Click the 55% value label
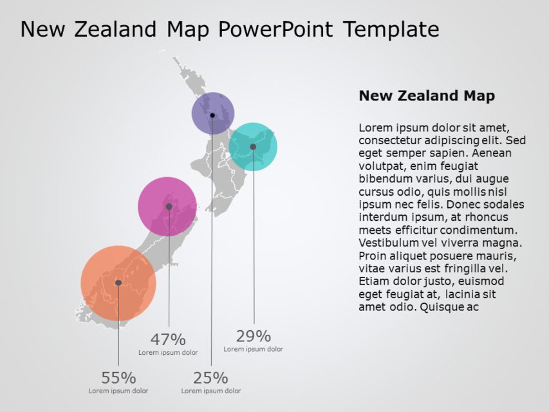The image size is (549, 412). point(118,378)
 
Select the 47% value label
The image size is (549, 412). point(168,339)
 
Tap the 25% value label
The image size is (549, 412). point(211,378)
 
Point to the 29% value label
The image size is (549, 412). point(254,336)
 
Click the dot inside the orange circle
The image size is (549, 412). point(118,283)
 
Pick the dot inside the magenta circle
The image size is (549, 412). point(169,207)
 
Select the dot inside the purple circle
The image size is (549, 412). point(212,115)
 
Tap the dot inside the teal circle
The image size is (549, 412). point(253,147)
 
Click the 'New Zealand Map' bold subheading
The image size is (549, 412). point(427,96)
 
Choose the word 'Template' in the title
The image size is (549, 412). point(391,29)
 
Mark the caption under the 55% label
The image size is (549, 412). point(118,391)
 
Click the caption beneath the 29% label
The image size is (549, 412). point(254,349)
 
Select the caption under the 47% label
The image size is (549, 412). point(168,352)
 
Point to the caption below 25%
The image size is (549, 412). point(211,391)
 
